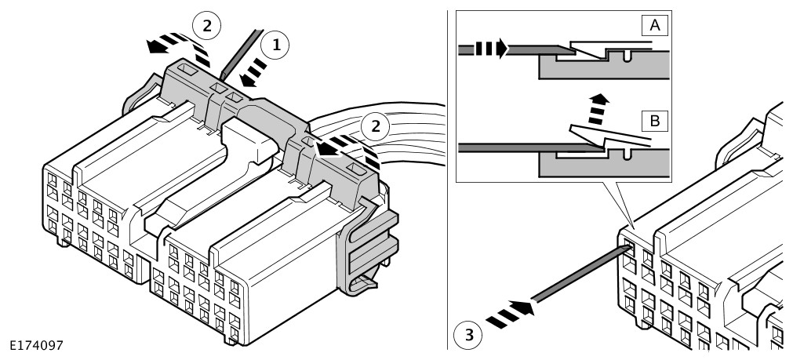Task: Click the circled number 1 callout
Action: coord(275,45)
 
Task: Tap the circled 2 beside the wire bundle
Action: coord(375,126)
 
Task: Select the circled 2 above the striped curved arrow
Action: coord(207,26)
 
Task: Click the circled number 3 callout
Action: coord(468,335)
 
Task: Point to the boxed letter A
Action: coord(654,25)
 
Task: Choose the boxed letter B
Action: coord(654,122)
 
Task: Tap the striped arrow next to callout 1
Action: coord(253,72)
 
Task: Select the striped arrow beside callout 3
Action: coord(509,314)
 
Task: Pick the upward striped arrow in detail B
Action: coord(598,109)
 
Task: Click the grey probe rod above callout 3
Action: coord(581,274)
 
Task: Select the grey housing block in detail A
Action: coord(605,67)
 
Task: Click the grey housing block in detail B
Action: coord(605,165)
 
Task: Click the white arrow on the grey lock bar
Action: coord(329,149)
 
